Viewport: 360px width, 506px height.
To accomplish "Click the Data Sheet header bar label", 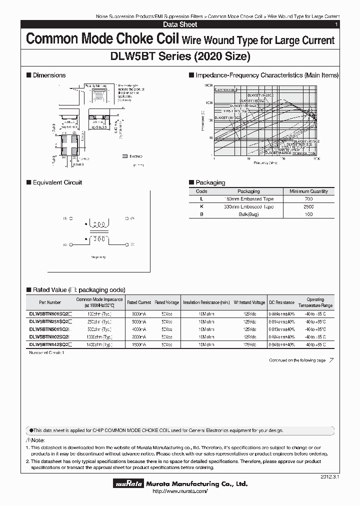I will (x=180, y=24).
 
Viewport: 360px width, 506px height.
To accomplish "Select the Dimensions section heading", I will (x=49, y=75).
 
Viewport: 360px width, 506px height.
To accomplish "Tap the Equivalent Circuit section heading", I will (x=57, y=182).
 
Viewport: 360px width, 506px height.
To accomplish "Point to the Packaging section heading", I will (x=210, y=182).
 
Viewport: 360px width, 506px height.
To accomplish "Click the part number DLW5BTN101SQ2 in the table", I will (x=50, y=314).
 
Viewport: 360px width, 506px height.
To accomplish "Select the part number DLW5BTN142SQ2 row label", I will (x=50, y=344).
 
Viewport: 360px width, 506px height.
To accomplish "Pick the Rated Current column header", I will (x=138, y=302).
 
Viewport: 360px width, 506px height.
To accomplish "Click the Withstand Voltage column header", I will (x=249, y=302).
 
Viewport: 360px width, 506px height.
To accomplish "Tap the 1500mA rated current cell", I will (x=138, y=344).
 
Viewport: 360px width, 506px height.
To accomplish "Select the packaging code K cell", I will (x=201, y=206).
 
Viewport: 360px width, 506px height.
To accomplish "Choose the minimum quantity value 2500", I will (x=308, y=206).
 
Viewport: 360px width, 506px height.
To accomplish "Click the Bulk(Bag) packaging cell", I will (x=248, y=214).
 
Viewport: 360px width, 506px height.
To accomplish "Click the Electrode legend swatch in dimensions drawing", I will (x=124, y=156).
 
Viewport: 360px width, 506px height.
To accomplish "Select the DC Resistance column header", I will (x=281, y=302).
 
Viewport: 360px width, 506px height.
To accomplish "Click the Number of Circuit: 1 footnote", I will (x=46, y=352).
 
